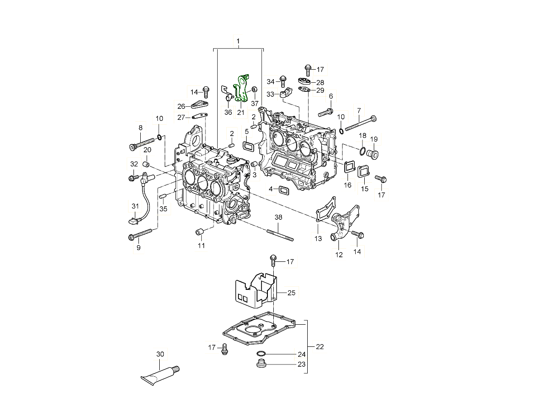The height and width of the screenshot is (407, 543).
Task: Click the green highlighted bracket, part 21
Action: (242, 88)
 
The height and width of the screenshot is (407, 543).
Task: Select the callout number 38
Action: (278, 218)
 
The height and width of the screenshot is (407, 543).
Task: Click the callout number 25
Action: (291, 293)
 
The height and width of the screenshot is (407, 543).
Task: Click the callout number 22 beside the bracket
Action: (319, 347)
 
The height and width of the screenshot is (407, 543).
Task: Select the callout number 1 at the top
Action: (238, 41)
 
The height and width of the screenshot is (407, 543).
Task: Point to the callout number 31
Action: (135, 206)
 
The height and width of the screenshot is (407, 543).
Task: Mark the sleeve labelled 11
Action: (198, 232)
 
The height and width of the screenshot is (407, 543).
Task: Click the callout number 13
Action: (318, 239)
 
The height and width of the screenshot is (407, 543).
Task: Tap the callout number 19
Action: (374, 139)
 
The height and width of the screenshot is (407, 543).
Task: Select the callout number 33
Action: (271, 94)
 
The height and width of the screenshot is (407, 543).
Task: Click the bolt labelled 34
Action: (283, 81)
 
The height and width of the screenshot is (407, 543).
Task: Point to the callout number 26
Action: (181, 106)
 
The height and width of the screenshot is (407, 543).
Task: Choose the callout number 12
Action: (339, 255)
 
